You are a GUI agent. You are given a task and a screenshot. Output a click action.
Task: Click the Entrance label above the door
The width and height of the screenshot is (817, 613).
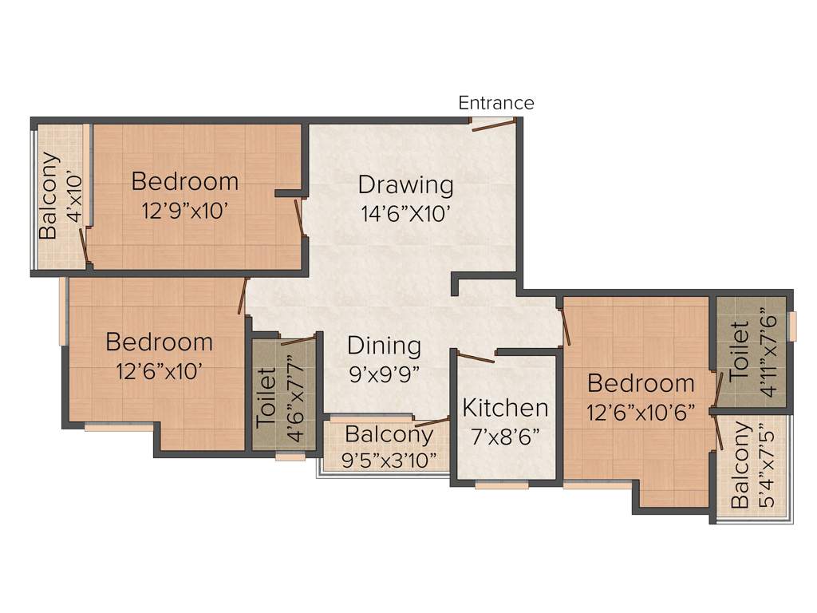tap(495, 103)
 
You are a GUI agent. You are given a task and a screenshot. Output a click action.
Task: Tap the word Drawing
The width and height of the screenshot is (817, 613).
tap(405, 184)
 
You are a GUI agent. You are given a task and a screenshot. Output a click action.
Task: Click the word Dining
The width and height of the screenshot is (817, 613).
tap(384, 346)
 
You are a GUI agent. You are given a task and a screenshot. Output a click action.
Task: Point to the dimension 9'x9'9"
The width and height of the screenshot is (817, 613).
tap(384, 372)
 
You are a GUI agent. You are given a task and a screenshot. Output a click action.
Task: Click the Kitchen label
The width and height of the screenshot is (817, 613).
tap(505, 408)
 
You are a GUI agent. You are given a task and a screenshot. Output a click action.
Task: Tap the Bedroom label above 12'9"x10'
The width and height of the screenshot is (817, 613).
tap(184, 181)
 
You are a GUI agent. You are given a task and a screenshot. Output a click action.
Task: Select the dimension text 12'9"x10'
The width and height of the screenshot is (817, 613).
tap(184, 212)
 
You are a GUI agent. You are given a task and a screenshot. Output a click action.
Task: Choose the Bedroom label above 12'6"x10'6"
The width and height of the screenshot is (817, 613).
tap(641, 383)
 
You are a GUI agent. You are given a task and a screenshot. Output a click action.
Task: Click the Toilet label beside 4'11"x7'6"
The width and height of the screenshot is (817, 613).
tap(739, 350)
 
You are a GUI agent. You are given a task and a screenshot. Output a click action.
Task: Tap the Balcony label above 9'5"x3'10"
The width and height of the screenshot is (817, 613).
tap(389, 435)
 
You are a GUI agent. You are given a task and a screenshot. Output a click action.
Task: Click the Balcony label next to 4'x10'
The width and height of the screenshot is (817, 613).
tap(49, 196)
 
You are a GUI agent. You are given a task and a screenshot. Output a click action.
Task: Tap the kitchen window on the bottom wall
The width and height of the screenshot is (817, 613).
tap(502, 484)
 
